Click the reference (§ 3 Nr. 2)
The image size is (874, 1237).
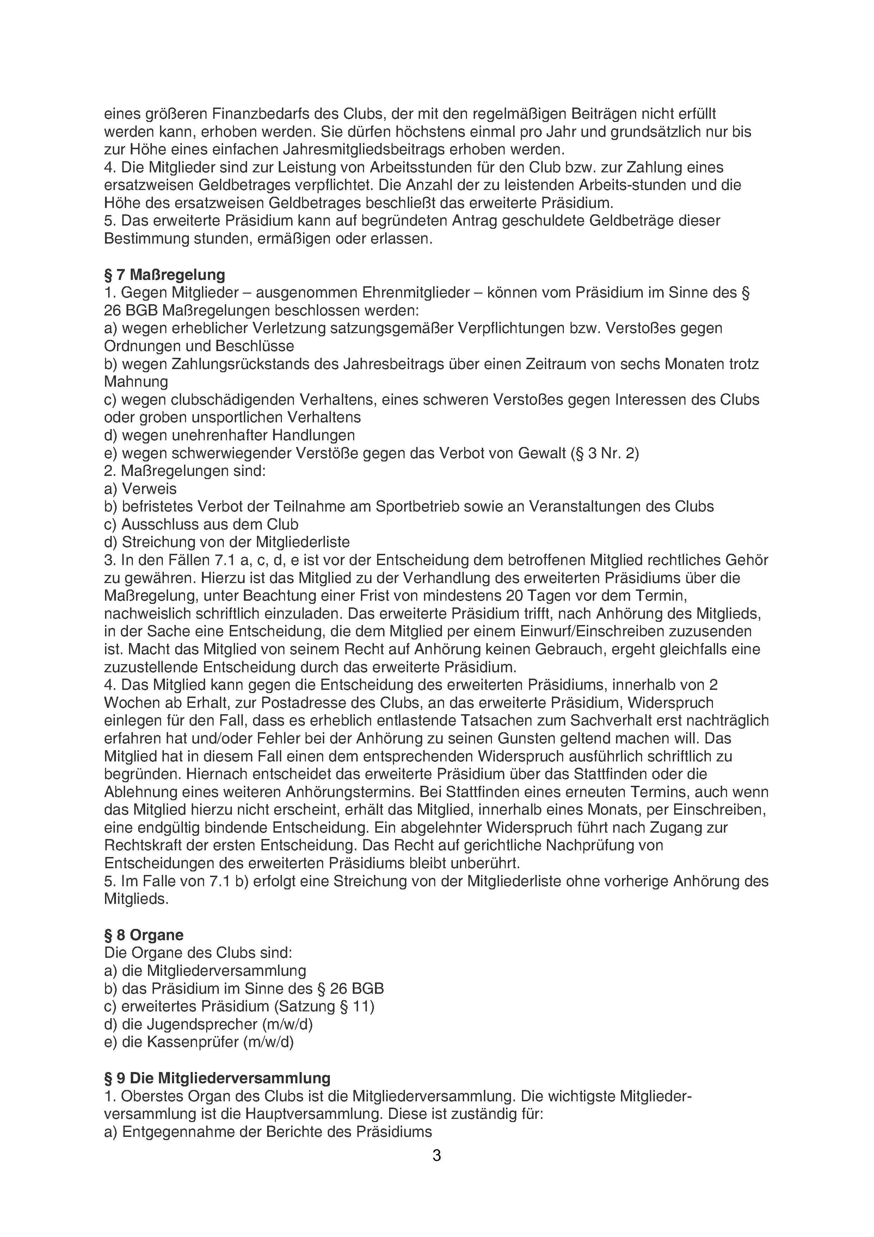tap(604, 453)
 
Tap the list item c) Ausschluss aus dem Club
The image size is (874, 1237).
tap(201, 524)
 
